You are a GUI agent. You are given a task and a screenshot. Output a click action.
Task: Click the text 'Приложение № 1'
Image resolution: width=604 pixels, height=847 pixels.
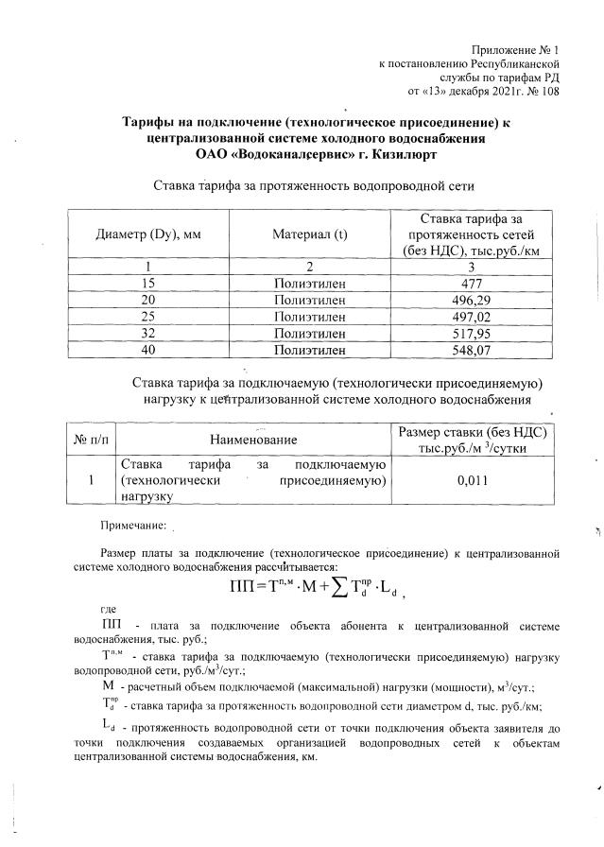(514, 49)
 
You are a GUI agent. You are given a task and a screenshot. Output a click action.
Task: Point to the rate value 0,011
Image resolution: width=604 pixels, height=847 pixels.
(471, 479)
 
